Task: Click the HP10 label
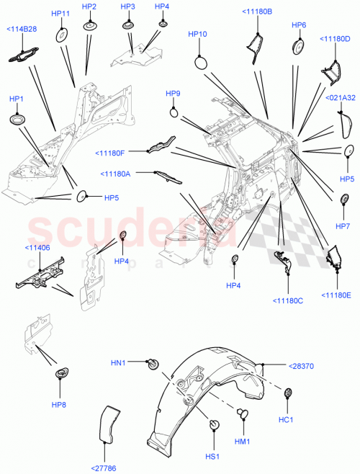tap(197, 34)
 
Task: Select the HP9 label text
tap(173, 94)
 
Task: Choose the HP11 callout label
tap(61, 14)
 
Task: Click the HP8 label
tap(58, 405)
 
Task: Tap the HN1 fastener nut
tap(152, 363)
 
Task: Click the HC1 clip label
tap(285, 420)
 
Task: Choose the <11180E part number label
tap(336, 295)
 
